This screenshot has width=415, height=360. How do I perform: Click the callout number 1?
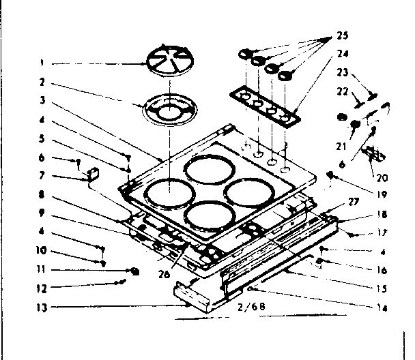42,64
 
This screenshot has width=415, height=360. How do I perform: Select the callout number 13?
42,307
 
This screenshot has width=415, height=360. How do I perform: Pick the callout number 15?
382,288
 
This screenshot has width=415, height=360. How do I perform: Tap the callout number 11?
42,269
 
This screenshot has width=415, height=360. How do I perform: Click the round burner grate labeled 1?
168,62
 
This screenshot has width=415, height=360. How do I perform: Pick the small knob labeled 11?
135,271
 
